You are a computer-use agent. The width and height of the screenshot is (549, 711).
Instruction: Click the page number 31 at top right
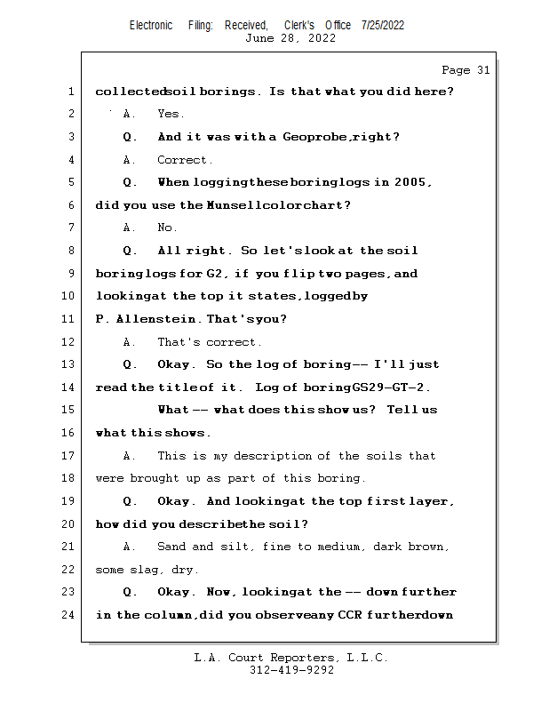[483, 70]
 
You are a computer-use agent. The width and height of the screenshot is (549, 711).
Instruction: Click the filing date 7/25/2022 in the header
[383, 26]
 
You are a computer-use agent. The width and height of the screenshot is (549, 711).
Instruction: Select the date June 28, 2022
[290, 38]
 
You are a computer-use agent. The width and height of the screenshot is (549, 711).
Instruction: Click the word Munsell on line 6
[235, 205]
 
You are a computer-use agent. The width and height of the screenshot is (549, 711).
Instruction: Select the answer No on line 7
[167, 228]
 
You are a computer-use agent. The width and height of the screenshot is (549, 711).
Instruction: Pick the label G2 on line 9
[215, 274]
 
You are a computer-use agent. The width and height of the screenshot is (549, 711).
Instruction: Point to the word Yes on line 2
[170, 114]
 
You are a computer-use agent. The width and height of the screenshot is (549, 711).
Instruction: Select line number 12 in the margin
[68, 342]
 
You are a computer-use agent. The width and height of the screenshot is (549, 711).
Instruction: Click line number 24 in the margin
[68, 615]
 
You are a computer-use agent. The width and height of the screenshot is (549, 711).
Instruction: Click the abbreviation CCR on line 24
[350, 615]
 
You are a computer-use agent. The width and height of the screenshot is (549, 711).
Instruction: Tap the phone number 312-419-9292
[292, 670]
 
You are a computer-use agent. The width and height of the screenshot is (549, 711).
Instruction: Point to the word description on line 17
[273, 456]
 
